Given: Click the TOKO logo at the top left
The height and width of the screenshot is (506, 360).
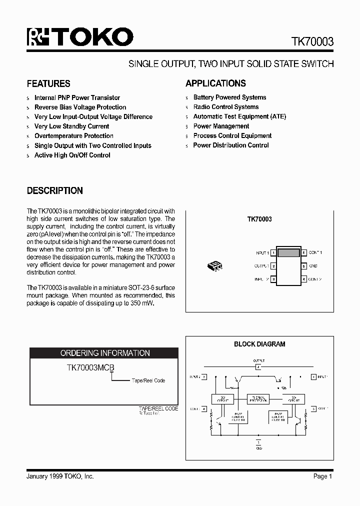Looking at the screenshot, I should tap(80, 37).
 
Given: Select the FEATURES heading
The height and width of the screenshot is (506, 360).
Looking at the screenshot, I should tap(48, 83).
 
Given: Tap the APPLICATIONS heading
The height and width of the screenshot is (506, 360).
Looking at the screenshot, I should tap(215, 83).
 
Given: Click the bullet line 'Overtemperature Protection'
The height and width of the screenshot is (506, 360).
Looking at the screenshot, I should tap(73, 136).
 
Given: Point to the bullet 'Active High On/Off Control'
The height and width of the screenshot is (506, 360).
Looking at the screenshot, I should tap(72, 155).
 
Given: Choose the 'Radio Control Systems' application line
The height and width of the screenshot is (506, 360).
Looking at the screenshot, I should tap(226, 107).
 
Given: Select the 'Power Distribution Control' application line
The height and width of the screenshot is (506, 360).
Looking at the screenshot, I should tap(231, 145).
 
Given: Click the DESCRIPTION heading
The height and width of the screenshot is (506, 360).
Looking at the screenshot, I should tap(54, 190).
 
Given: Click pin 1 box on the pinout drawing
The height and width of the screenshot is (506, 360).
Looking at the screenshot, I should tap(273, 253).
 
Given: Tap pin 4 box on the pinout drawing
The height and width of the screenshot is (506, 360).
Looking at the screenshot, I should tap(303, 279).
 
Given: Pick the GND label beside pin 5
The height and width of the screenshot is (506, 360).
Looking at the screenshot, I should tap(313, 266).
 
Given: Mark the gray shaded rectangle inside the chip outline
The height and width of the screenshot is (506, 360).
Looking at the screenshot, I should tap(288, 253).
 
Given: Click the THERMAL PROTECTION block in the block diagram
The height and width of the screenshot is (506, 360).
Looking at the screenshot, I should tap(257, 399).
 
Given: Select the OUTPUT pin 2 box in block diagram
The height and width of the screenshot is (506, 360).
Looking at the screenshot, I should tap(258, 367).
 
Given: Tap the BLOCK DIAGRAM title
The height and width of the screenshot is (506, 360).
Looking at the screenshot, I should tap(259, 344).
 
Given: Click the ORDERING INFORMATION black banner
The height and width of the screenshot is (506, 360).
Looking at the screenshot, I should tap(105, 353).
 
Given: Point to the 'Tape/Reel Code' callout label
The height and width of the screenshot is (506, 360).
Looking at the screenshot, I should tap(148, 380).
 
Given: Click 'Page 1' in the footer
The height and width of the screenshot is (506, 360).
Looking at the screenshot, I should tap(322, 476).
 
